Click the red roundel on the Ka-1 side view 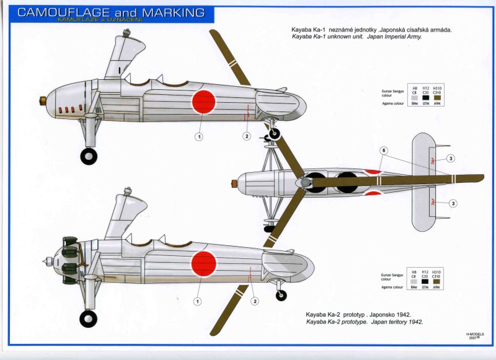pyautogui.click(x=203, y=102)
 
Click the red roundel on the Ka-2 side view pyautogui.click(x=203, y=263)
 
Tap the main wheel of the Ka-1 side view pyautogui.click(x=89, y=156)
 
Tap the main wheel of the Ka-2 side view pyautogui.click(x=88, y=318)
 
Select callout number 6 pyautogui.click(x=384, y=151)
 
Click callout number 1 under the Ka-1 pyautogui.click(x=199, y=136)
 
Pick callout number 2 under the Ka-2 pyautogui.click(x=254, y=302)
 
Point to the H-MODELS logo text pyautogui.click(x=477, y=333)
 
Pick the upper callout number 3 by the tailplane pyautogui.click(x=451, y=159)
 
